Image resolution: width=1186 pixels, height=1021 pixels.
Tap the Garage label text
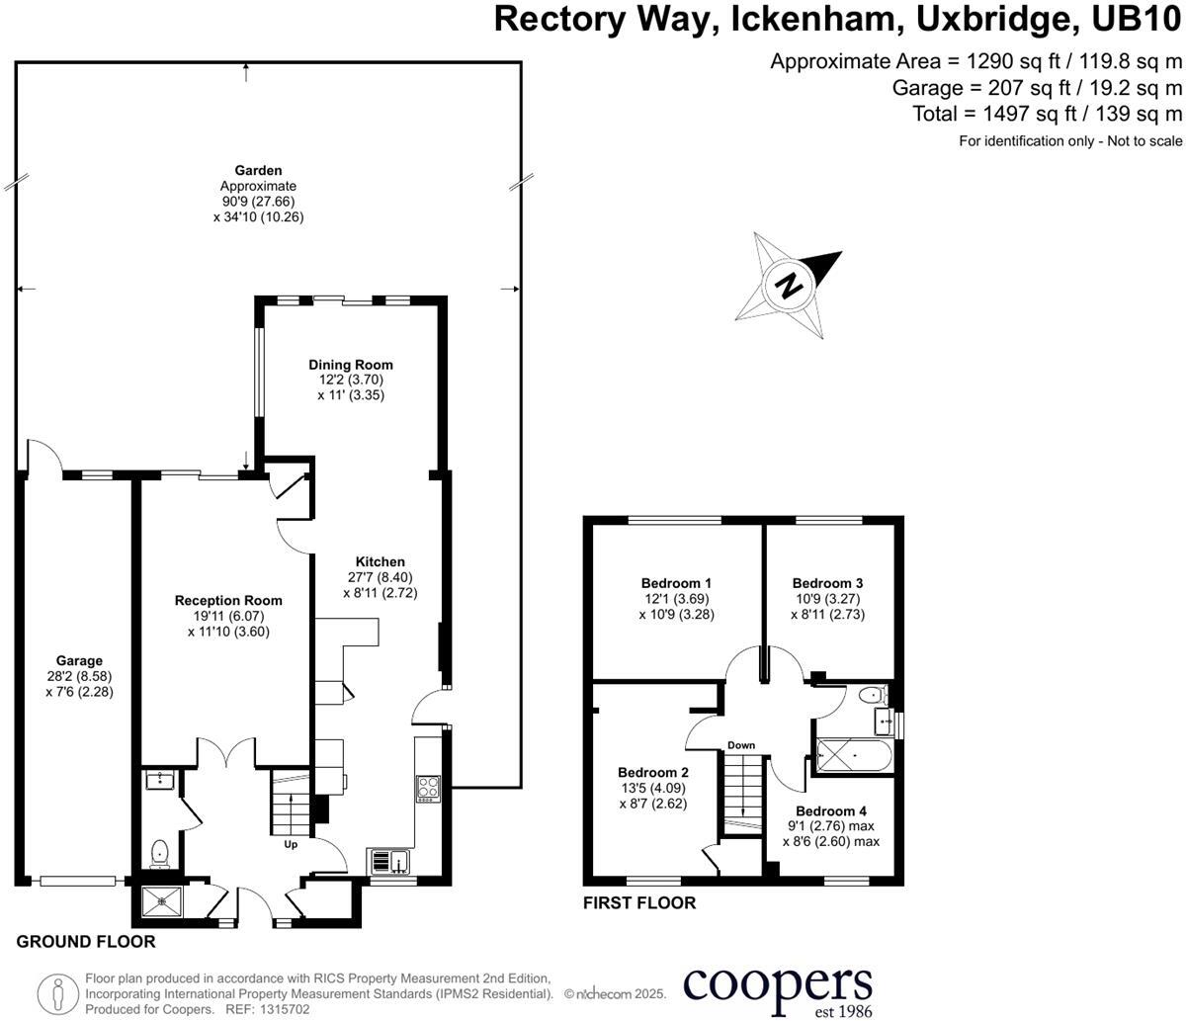79,661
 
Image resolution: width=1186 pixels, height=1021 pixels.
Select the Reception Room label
228,600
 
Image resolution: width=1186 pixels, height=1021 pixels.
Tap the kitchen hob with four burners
430,789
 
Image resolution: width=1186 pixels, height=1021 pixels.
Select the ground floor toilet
160,853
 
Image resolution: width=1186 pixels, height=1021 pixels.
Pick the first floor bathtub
853,759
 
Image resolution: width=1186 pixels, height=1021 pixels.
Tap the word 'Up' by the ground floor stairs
292,845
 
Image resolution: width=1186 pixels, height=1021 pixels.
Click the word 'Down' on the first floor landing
741,745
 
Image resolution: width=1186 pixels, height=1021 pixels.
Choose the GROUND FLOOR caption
86,942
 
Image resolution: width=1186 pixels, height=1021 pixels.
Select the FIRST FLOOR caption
639,902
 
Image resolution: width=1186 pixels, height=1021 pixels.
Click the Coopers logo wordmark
778,986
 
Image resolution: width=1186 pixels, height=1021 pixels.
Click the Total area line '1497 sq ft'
1047,114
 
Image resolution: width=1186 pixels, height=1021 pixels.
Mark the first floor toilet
871,696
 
